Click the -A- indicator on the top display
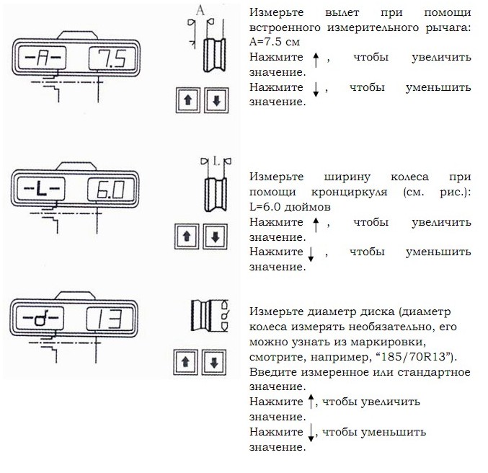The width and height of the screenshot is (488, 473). (43, 58)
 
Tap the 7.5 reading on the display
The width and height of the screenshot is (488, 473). (112, 58)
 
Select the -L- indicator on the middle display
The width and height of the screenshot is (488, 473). (41, 189)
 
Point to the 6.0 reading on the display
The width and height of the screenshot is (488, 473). (111, 190)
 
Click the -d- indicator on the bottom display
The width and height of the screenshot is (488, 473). (40, 318)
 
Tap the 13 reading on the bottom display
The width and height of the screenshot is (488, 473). (110, 319)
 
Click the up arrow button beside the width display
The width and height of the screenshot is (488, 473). (187, 236)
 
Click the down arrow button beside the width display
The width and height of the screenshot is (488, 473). (215, 236)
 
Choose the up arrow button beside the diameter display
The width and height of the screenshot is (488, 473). (185, 362)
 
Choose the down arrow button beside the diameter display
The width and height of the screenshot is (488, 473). (214, 362)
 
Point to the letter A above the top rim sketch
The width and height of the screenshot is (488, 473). (200, 11)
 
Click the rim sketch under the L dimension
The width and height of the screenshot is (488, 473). (216, 195)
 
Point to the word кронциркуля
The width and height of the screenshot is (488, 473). (349, 192)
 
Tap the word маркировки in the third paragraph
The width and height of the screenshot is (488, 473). (388, 342)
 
